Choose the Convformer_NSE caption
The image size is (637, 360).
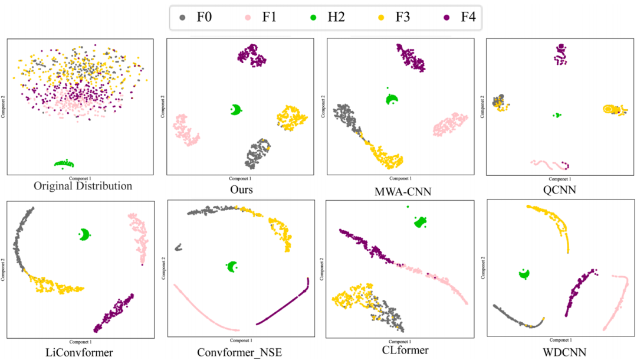240,353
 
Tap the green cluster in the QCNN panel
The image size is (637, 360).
556,115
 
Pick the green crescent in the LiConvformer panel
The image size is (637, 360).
87,235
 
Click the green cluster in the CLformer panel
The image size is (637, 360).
421,222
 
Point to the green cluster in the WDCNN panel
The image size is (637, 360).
523,274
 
